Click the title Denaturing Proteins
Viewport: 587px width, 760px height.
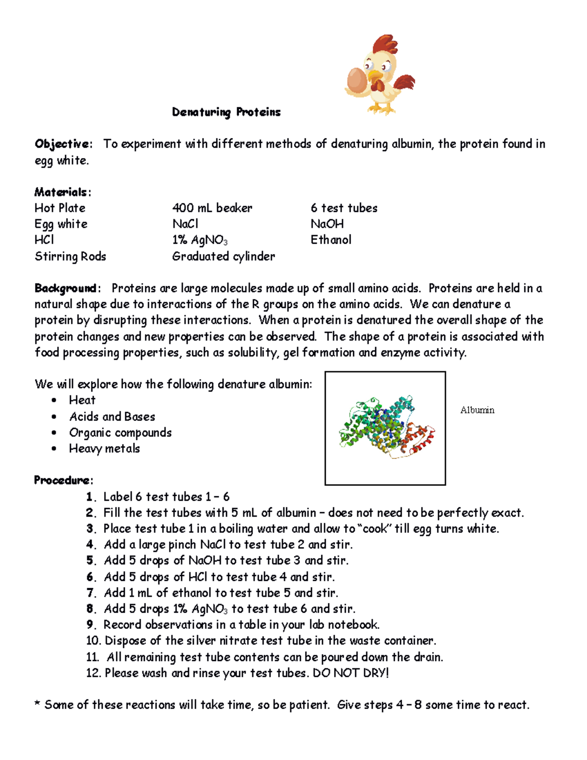[226, 112]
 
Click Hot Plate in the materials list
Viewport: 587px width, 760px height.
[60, 208]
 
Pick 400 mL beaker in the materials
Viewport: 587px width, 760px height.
[212, 208]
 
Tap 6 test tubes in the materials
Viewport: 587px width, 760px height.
[344, 208]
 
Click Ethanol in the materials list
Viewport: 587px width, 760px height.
[331, 240]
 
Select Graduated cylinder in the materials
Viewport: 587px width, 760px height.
[224, 256]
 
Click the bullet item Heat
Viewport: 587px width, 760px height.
[82, 400]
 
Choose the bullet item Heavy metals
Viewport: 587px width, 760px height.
[104, 449]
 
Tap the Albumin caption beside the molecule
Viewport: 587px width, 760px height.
[477, 410]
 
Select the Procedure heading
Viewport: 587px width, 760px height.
[63, 480]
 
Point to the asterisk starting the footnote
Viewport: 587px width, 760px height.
[38, 705]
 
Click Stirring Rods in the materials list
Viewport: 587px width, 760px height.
[70, 256]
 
